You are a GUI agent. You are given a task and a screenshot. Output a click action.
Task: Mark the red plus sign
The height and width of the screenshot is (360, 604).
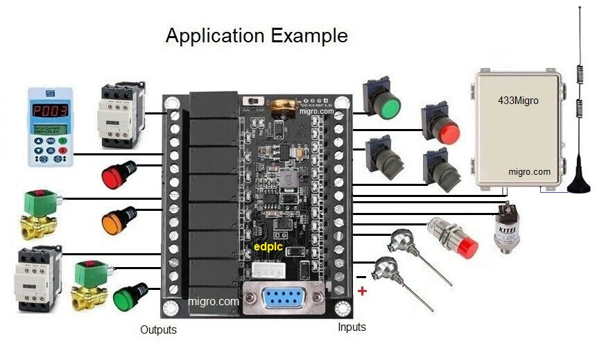pyautogui.click(x=362, y=291)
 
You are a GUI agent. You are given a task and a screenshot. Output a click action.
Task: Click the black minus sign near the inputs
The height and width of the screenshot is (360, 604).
pyautogui.click(x=361, y=277)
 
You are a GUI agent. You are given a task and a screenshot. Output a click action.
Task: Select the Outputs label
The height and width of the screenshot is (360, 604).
pyautogui.click(x=158, y=330)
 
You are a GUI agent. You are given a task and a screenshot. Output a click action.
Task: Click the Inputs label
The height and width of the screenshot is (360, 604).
pyautogui.click(x=352, y=327)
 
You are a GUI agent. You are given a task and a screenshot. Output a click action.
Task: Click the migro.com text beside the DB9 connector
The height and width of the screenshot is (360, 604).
pyautogui.click(x=214, y=302)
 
